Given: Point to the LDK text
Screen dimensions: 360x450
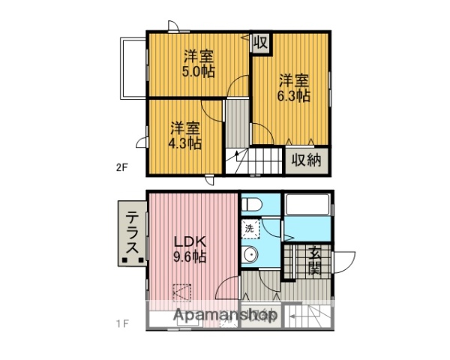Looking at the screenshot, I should pyautogui.click(x=189, y=242).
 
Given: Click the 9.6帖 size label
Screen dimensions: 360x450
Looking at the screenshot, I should pyautogui.click(x=190, y=257).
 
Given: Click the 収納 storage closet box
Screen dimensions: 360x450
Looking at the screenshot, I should pyautogui.click(x=306, y=159).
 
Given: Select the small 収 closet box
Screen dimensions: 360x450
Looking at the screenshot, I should pyautogui.click(x=260, y=43).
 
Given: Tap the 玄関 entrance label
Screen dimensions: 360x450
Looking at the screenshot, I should pyautogui.click(x=313, y=261).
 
